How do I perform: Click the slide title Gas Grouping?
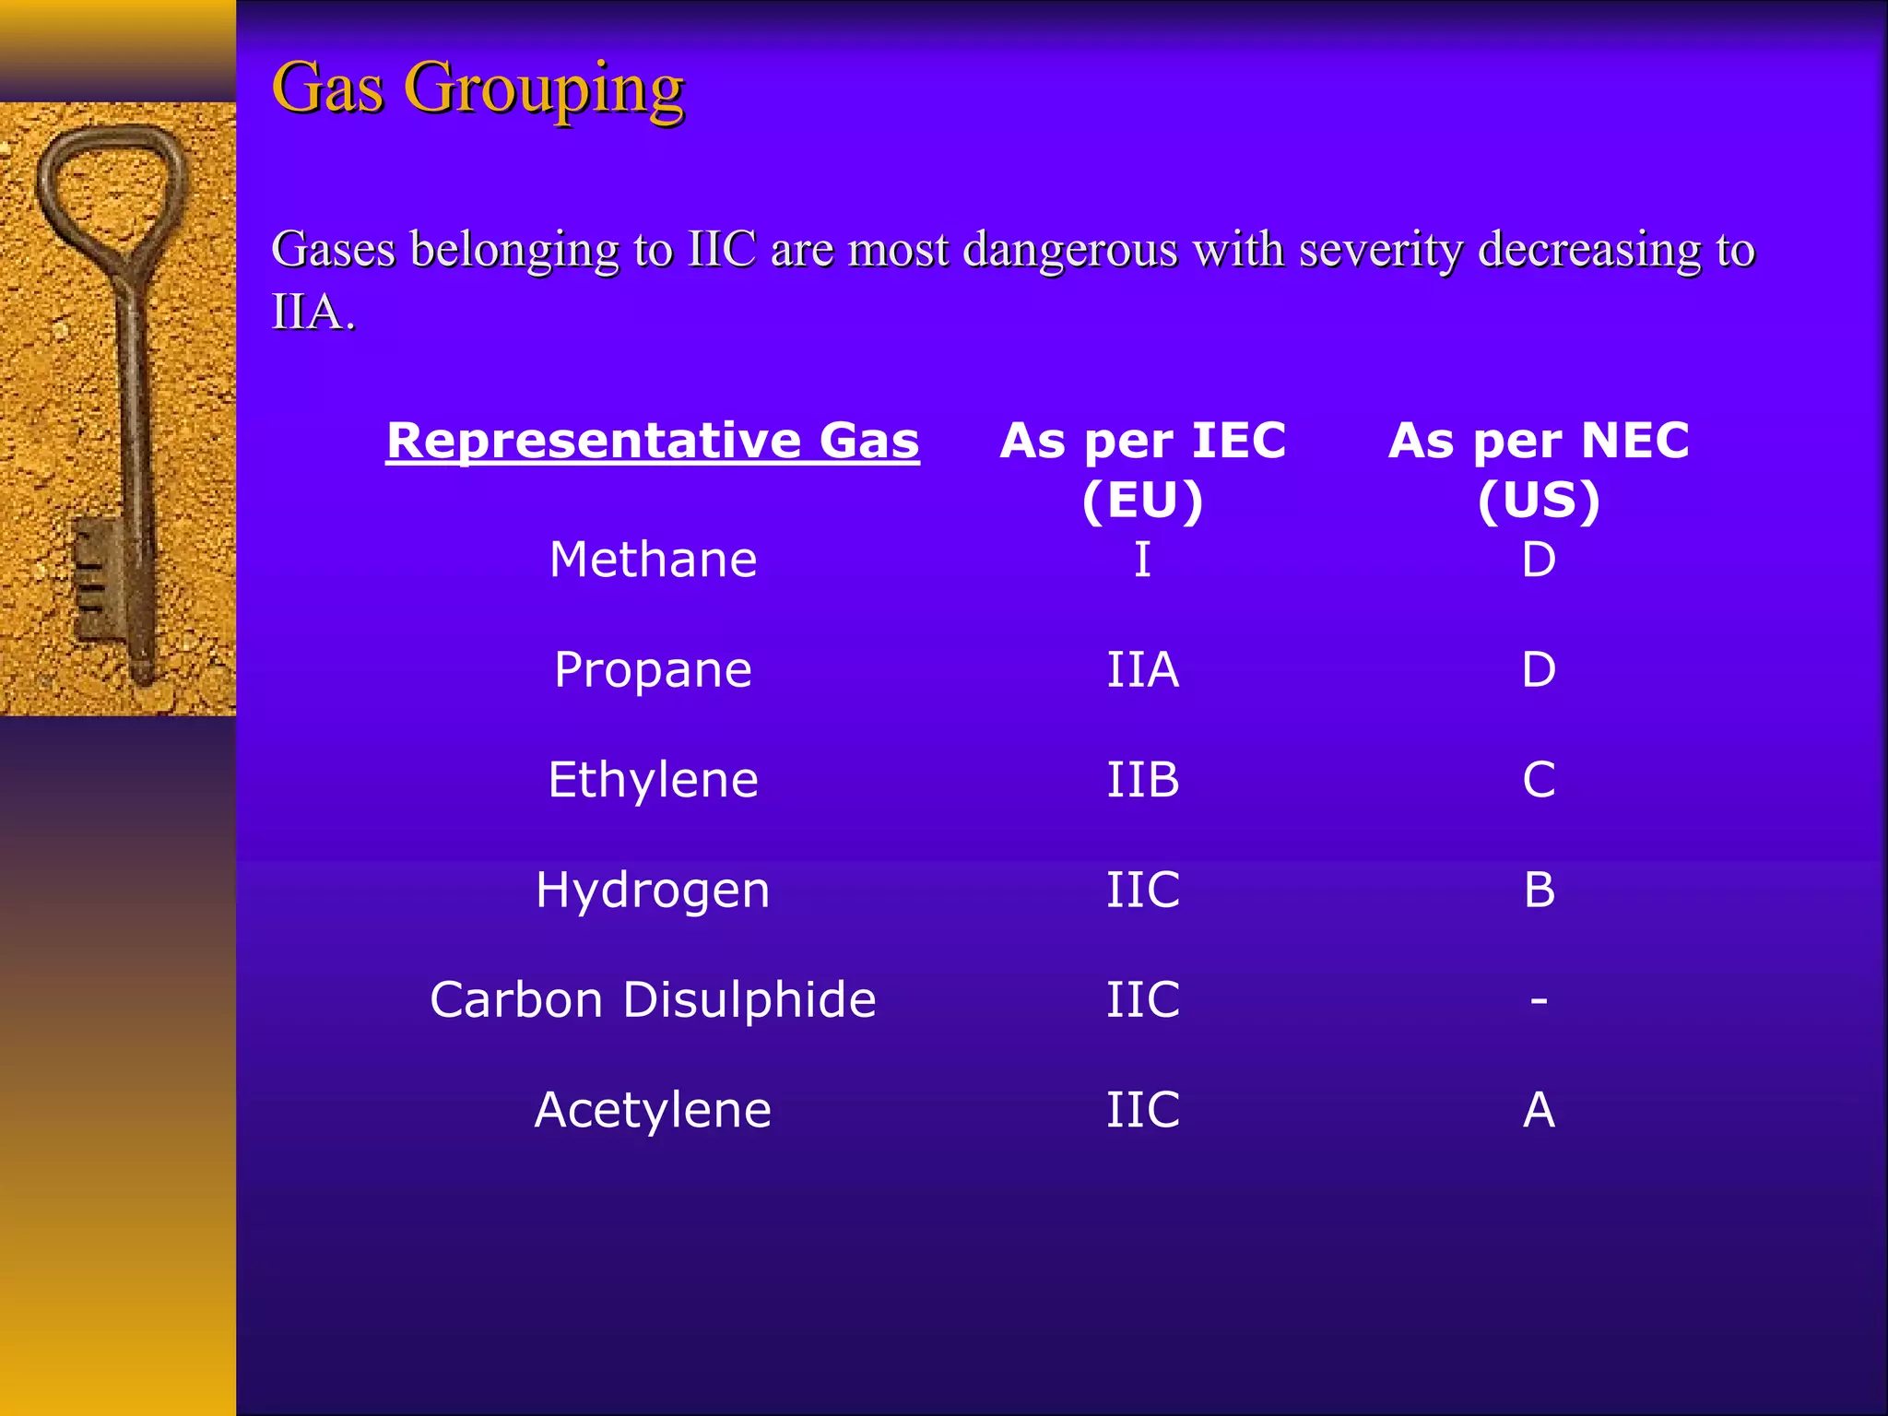(478, 88)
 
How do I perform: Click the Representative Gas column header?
(653, 440)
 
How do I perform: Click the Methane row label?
(653, 560)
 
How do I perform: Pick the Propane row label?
(653, 669)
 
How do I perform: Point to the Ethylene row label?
(653, 780)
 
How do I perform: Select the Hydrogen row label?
(653, 890)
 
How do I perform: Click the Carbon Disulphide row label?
(653, 1000)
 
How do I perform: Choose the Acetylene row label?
(653, 1110)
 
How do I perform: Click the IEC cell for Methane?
(1142, 560)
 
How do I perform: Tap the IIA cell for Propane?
(1142, 669)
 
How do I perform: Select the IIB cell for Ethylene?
(1142, 780)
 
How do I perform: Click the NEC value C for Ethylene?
(1539, 780)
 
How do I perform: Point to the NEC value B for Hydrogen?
(1539, 890)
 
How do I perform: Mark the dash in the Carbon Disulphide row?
(1539, 1000)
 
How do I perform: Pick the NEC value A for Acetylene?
(1539, 1110)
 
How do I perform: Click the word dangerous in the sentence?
(1070, 250)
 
